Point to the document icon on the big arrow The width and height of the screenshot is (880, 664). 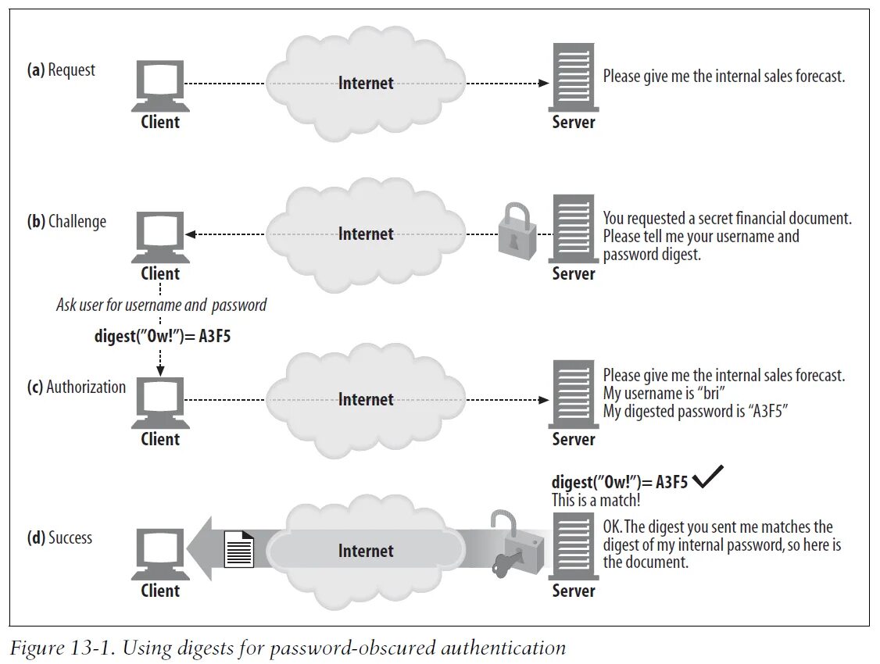tap(239, 548)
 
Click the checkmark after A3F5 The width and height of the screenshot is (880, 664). tap(707, 478)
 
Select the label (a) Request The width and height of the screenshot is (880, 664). tap(61, 70)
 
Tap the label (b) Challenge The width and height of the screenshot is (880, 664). tap(66, 222)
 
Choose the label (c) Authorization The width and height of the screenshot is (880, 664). tap(76, 387)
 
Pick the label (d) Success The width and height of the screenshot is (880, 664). tap(59, 538)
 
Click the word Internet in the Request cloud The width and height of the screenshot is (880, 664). tap(366, 83)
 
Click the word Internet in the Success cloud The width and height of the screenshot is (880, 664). tap(366, 552)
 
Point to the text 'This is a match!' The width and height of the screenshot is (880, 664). tap(596, 501)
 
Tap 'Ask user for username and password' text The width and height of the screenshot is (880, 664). tap(161, 305)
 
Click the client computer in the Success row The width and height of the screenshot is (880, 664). tap(159, 551)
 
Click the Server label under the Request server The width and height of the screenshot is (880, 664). tap(574, 123)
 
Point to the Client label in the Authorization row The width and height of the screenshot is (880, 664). tap(160, 439)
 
